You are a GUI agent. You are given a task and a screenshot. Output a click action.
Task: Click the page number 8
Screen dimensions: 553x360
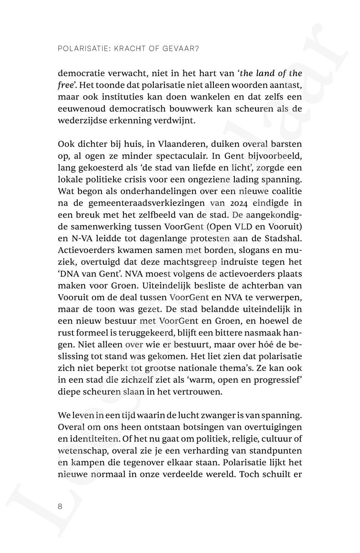60,507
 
